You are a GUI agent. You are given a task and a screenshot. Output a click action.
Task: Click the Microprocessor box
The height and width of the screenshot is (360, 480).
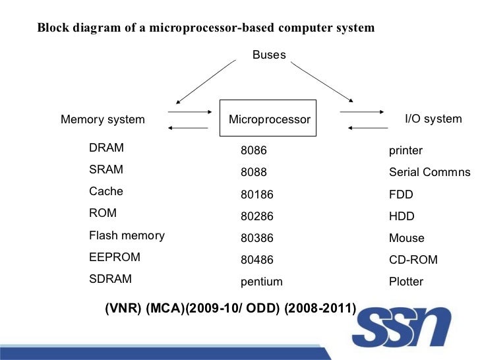tap(268, 119)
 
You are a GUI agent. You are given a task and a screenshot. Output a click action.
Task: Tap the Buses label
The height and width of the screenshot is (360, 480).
tap(269, 55)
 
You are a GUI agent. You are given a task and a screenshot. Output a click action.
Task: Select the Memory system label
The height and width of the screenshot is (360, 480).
tap(103, 119)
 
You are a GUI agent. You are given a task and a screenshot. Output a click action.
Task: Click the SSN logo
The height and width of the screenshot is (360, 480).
tap(404, 326)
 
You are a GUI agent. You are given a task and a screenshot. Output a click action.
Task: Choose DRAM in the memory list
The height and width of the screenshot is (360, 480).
tap(106, 148)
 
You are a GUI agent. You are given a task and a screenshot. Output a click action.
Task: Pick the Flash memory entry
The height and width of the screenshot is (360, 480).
tap(127, 235)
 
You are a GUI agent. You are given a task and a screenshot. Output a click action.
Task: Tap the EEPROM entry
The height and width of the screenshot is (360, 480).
tap(115, 256)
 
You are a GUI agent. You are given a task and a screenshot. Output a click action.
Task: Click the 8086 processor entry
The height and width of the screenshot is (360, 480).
tap(254, 151)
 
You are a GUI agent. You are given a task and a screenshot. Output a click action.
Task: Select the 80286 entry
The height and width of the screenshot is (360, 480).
tap(257, 216)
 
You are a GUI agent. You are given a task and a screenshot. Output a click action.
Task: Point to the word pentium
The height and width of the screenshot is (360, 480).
tap(262, 282)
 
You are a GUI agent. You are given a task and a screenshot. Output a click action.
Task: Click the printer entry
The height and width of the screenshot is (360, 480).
tap(405, 151)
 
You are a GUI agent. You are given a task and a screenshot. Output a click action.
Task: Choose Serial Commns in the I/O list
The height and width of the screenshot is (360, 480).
tap(429, 173)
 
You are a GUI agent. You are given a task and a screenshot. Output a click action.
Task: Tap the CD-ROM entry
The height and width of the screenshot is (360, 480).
tap(413, 260)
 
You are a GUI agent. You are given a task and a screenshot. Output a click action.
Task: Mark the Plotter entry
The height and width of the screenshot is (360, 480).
tap(406, 282)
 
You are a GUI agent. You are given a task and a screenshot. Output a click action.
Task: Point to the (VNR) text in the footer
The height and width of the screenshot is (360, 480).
tap(123, 309)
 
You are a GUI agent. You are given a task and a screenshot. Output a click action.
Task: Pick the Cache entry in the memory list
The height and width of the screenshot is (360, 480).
tap(106, 191)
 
